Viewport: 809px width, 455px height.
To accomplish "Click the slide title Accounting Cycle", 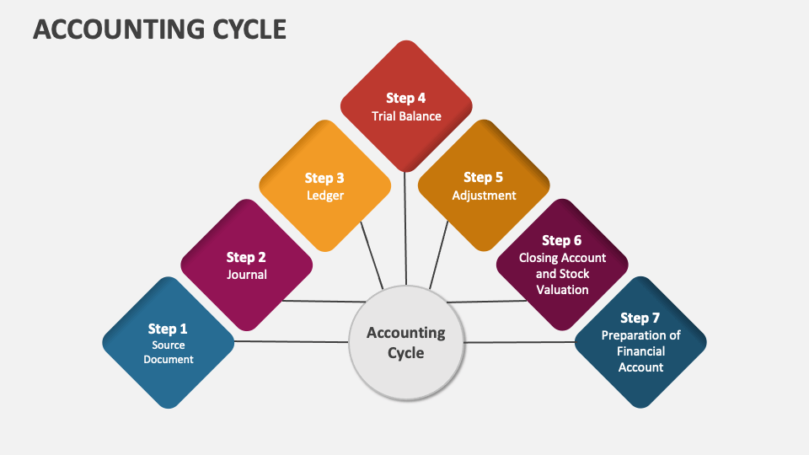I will click(159, 29).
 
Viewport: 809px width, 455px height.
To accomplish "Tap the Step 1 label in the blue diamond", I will click(168, 329).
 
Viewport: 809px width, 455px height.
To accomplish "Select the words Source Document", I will click(168, 352).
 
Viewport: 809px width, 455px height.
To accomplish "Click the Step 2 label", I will click(246, 258).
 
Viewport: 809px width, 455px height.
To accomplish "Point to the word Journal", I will click(246, 275).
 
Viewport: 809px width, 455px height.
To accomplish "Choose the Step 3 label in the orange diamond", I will click(324, 178).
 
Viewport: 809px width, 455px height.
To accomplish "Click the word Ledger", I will click(324, 195).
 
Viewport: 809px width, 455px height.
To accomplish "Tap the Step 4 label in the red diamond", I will click(406, 98).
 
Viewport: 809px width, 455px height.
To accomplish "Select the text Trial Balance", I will click(406, 116).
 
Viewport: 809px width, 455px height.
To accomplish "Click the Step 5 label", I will click(483, 177).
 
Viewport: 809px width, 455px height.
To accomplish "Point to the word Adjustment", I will click(484, 195).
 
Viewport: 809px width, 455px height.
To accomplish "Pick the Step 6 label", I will click(561, 241).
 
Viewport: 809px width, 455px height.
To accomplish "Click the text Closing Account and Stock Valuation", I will click(562, 274).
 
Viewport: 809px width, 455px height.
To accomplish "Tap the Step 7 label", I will click(640, 318).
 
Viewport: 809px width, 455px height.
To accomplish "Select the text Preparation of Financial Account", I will click(640, 351).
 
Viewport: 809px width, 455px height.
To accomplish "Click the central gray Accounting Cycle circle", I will click(406, 342).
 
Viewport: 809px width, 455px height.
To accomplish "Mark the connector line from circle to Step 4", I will click(406, 227).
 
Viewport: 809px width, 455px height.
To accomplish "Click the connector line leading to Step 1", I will click(291, 341).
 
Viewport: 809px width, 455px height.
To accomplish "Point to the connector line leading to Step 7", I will click(518, 342).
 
